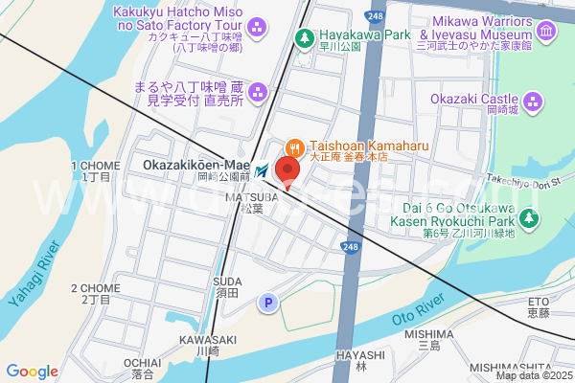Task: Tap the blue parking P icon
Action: (268, 304)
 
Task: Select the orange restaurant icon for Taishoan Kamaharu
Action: (294, 146)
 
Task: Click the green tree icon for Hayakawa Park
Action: (305, 38)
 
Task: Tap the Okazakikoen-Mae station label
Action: (195, 166)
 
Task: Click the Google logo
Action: (32, 372)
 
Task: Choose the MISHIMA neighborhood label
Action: (427, 334)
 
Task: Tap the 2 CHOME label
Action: (96, 288)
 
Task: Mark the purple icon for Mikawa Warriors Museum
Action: (546, 33)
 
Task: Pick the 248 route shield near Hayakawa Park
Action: (375, 17)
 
